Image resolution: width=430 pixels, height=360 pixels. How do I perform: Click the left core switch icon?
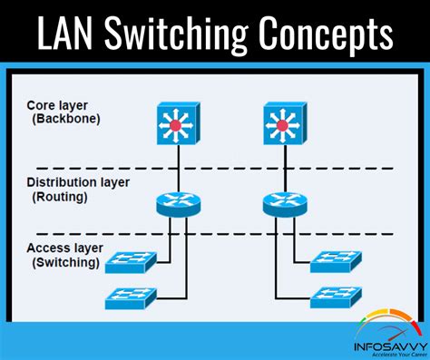[177, 122]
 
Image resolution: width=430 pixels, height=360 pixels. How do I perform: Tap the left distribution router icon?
[177, 203]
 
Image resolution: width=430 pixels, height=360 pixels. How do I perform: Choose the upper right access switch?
[336, 263]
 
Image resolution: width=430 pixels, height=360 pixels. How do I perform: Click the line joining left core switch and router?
[177, 166]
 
